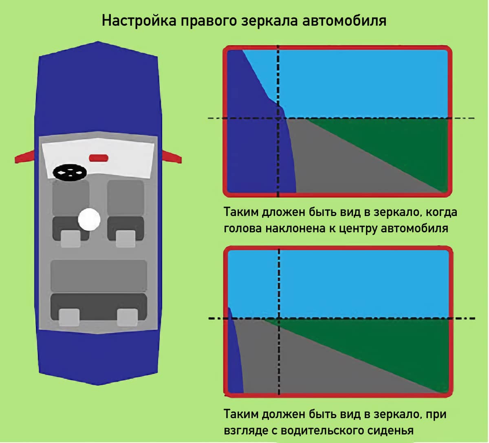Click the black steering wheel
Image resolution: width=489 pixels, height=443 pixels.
click(x=70, y=172)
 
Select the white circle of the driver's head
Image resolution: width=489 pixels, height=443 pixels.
click(x=89, y=220)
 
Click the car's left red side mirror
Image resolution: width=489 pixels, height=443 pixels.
click(x=26, y=156)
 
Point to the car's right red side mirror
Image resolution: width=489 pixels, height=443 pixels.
click(x=171, y=156)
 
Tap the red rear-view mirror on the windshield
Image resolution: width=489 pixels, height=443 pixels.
click(x=99, y=157)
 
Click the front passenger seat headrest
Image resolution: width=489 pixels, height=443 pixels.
click(x=125, y=238)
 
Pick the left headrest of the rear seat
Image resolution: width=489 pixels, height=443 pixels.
click(x=69, y=317)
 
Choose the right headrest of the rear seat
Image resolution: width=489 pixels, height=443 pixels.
click(x=127, y=317)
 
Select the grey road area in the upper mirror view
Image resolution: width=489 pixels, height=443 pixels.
click(x=326, y=163)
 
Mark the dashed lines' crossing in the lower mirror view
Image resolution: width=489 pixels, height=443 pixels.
click(x=279, y=318)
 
